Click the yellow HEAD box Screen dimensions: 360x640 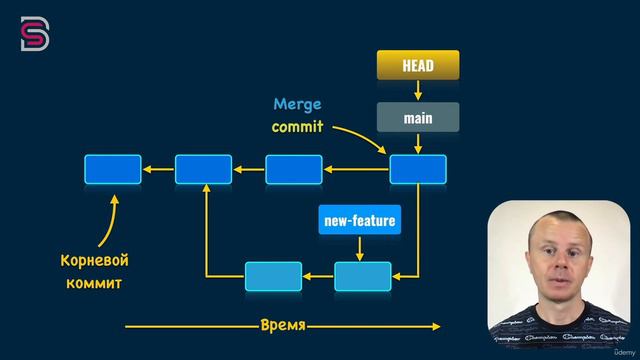point(417,66)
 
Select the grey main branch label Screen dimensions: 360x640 point(417,117)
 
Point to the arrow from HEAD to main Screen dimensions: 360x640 point(417,92)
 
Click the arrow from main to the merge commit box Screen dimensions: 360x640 point(417,143)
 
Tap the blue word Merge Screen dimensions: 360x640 point(298,104)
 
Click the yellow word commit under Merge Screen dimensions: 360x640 point(298,127)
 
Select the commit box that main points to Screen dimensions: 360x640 point(417,170)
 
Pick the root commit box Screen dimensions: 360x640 point(112,170)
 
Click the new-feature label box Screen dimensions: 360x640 point(359,220)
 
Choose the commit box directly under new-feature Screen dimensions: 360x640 point(362,274)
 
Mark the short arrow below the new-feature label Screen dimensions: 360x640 point(361,248)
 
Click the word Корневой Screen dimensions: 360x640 point(96,260)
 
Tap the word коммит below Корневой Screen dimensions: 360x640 point(96,282)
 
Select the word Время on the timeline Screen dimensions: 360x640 point(282,326)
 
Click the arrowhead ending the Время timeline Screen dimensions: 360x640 point(435,326)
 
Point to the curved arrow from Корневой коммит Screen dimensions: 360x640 point(113,220)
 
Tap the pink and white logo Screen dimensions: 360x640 point(31,34)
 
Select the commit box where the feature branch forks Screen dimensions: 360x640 point(203,170)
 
